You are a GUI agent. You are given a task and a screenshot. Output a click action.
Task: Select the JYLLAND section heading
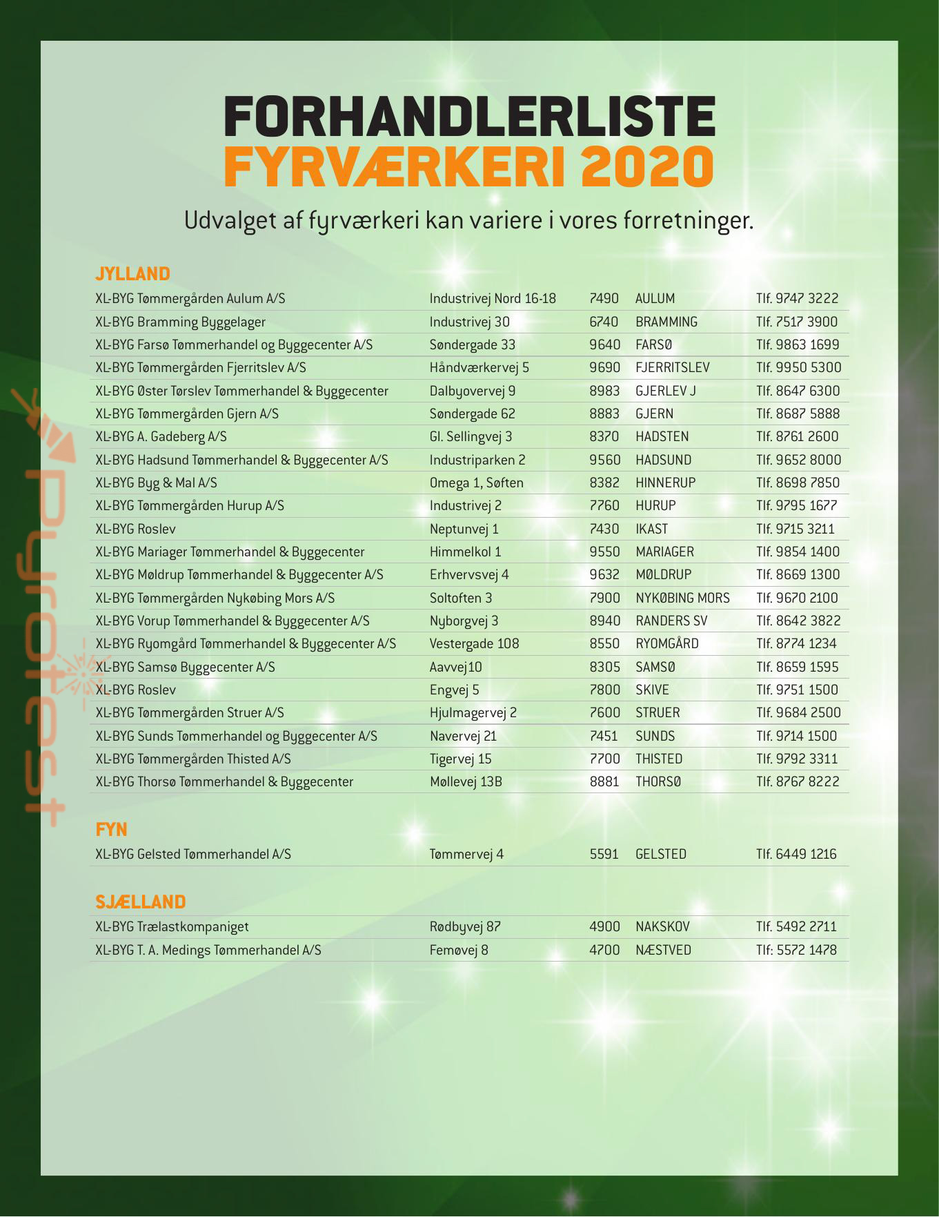132,274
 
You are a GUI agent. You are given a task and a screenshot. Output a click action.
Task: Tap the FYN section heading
111,829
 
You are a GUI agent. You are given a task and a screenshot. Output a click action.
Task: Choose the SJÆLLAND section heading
141,902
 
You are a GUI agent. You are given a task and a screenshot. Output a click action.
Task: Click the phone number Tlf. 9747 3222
797,299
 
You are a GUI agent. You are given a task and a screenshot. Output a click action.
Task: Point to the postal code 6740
604,322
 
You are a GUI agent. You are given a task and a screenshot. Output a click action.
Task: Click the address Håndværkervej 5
479,368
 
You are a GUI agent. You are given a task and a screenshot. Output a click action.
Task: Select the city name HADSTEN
662,437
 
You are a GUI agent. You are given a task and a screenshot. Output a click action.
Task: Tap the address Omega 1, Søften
476,483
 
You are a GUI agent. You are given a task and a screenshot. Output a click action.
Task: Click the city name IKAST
651,529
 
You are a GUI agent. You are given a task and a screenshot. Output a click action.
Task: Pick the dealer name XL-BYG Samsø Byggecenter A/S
185,668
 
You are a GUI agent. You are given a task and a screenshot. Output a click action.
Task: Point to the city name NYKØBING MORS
682,598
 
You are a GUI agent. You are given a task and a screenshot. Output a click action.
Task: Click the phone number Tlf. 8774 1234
796,644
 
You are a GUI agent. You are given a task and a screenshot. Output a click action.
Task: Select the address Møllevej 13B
466,782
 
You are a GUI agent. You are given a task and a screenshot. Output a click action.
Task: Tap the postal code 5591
604,855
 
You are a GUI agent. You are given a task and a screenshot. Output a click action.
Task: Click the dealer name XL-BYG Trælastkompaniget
172,927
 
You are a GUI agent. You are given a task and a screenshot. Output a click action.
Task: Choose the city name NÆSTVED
663,951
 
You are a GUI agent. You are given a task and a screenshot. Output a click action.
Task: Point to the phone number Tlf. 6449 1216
796,855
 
